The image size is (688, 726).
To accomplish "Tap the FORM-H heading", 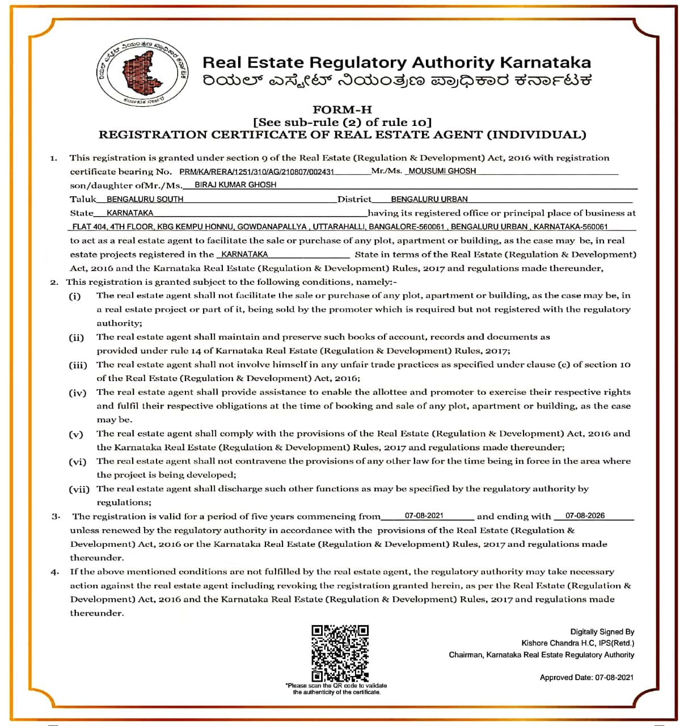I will point(342,109).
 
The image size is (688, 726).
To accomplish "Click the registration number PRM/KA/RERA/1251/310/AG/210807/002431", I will point(256,171).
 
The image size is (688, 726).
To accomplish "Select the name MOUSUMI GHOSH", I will point(442,171).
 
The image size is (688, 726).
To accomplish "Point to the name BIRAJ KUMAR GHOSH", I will point(235,185).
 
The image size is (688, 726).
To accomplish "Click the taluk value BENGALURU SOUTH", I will point(145,199).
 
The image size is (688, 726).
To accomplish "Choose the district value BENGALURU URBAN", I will point(429,199).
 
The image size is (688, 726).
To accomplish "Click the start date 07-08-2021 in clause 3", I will point(424,516).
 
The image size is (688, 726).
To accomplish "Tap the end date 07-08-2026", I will point(585,516).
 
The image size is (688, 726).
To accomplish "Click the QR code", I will point(340,653).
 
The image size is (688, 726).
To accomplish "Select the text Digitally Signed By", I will point(602,632).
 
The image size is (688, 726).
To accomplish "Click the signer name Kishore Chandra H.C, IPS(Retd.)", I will point(577,643).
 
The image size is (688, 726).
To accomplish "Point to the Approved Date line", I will point(586,677).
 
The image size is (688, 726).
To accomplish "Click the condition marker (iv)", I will point(77,392).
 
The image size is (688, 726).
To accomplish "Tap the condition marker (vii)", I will point(79,489).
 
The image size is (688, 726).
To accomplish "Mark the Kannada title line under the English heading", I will point(397,81).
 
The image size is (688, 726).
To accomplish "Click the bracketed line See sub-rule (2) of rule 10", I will point(342,122).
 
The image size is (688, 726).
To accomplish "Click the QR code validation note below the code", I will point(336,689).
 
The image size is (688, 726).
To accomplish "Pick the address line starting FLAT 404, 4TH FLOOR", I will point(340,227).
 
